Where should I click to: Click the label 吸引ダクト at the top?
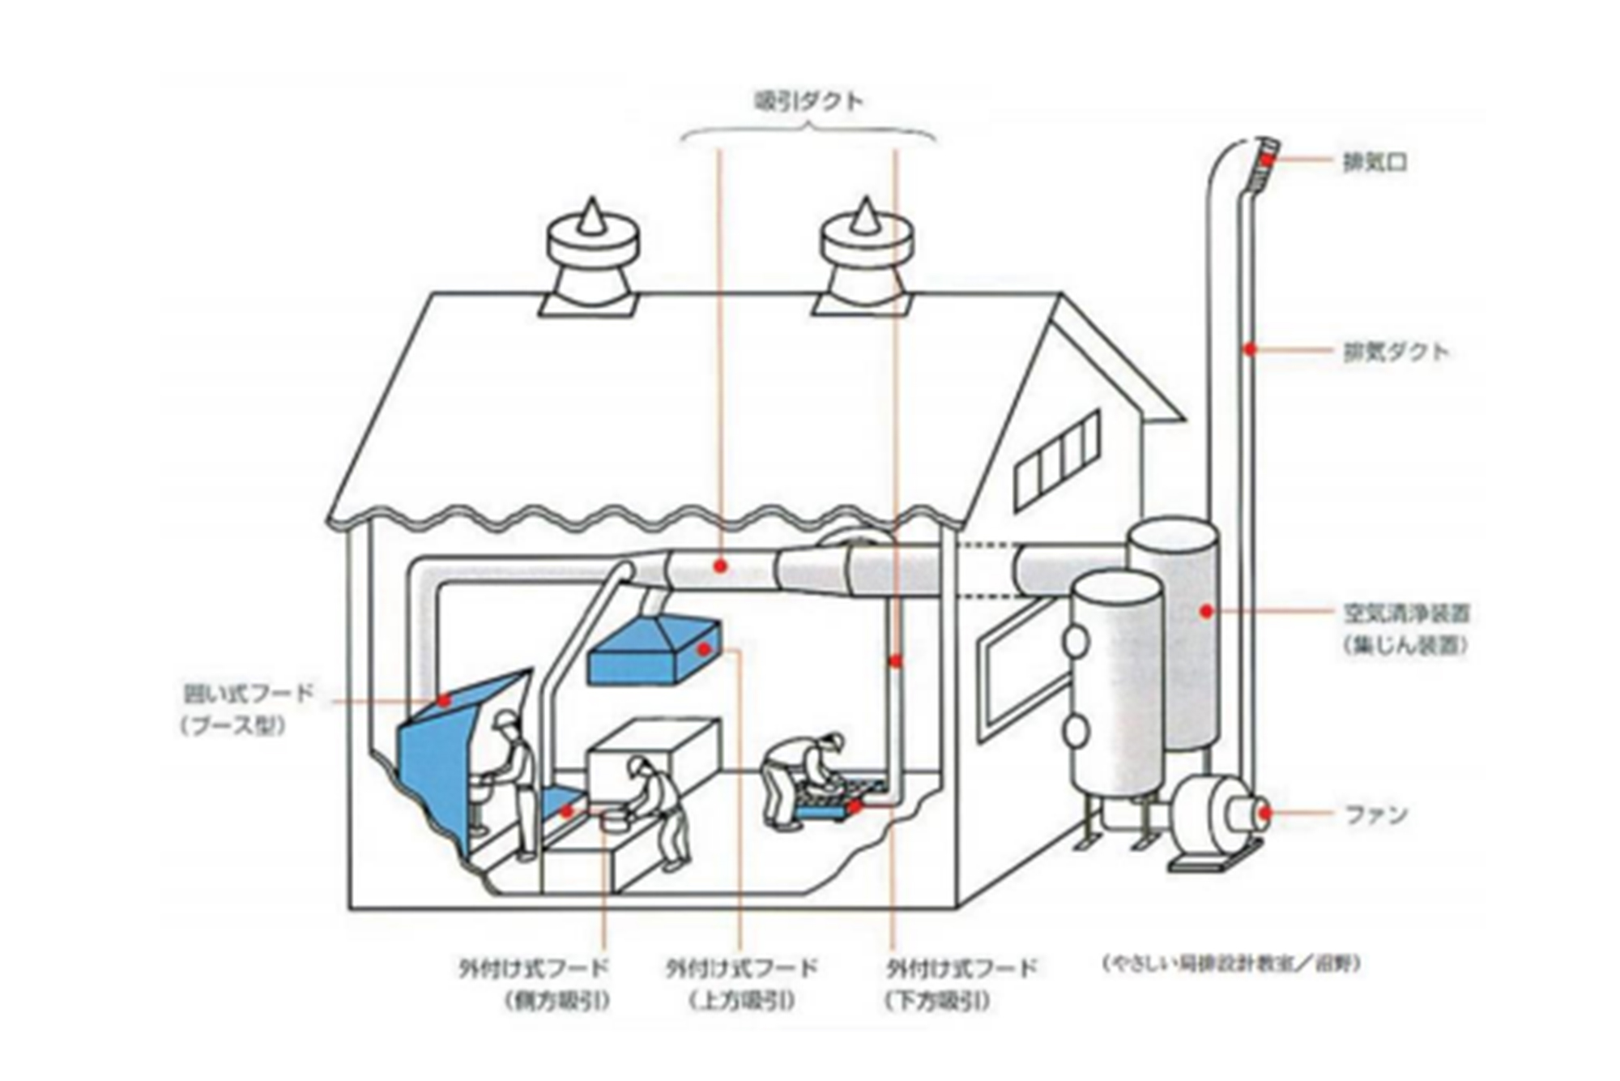click(808, 101)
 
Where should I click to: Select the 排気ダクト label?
click(1395, 351)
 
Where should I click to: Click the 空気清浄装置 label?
click(1406, 613)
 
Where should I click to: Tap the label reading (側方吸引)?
click(556, 1002)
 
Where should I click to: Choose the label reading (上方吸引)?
click(742, 1002)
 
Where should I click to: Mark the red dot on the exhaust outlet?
click(1264, 160)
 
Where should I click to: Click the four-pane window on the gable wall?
click(1057, 460)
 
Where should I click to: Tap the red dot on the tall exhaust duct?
click(1250, 349)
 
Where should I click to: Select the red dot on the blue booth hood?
click(443, 699)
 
